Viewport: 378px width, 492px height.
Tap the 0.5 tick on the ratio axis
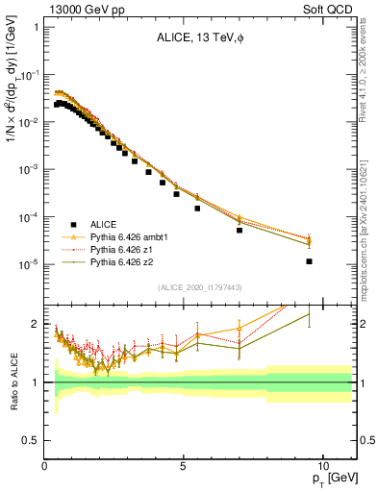point(33,440)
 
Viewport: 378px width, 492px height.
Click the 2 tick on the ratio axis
point(36,325)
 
